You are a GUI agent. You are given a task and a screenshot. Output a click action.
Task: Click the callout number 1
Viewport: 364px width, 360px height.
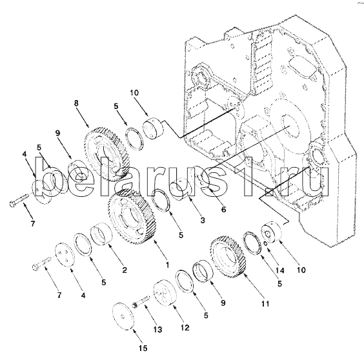point(167,265)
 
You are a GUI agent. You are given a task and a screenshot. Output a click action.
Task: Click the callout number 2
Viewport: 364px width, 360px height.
point(125,270)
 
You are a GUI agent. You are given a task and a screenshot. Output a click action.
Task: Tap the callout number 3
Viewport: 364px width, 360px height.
point(203,220)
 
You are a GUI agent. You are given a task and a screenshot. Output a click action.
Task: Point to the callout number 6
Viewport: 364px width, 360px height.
point(223,210)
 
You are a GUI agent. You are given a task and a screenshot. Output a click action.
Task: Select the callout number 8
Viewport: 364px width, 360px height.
point(76,103)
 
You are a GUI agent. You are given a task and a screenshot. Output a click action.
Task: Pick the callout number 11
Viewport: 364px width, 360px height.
point(265,304)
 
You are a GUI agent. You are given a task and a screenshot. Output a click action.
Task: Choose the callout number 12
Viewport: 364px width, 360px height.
point(185,328)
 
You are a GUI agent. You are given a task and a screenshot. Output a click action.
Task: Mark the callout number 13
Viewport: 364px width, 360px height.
point(157,330)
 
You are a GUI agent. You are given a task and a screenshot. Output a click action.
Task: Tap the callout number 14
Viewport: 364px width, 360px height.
point(279,270)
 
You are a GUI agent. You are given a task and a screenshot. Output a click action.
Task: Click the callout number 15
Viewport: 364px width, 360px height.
point(143,348)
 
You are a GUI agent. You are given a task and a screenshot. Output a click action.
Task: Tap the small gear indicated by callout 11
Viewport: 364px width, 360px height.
point(227,257)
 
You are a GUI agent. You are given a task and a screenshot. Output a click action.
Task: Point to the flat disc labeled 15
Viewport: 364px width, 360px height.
point(123,316)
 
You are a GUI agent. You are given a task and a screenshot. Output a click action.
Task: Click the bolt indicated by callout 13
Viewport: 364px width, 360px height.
point(141,301)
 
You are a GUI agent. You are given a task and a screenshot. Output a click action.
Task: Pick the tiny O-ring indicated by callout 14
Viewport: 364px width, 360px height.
point(266,244)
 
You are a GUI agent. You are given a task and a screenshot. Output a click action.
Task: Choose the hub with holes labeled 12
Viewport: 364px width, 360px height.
point(165,293)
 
